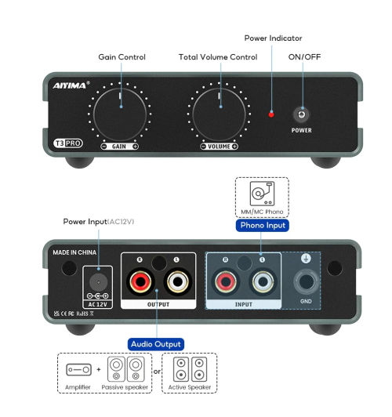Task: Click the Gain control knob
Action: tap(120, 114)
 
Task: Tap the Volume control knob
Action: tap(220, 114)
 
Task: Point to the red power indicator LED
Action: tap(271, 114)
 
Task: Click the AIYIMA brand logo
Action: tap(71, 85)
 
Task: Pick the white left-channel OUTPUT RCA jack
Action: tap(175, 281)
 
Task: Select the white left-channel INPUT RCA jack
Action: tap(261, 281)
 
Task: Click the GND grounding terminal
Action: tap(306, 281)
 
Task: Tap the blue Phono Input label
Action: tap(262, 225)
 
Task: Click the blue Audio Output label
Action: tap(156, 343)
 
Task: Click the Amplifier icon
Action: tap(78, 368)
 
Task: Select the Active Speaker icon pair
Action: tap(189, 368)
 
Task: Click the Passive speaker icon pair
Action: tap(128, 368)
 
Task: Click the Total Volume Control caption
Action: tap(217, 57)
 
